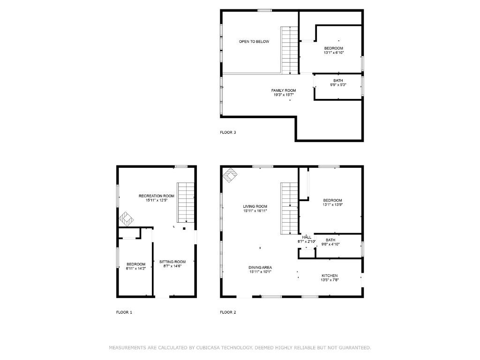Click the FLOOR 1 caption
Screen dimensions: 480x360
click(x=124, y=312)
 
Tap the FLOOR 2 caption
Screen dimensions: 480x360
click(x=228, y=312)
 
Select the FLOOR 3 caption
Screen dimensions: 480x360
click(x=228, y=132)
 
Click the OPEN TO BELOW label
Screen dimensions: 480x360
click(x=254, y=41)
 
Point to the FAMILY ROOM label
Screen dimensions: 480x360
click(x=284, y=90)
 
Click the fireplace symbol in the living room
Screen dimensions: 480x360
click(x=230, y=175)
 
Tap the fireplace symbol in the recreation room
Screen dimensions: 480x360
click(x=127, y=219)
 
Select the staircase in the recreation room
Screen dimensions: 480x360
click(x=186, y=202)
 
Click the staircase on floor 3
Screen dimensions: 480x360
click(x=290, y=50)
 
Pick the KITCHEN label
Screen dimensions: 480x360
click(x=330, y=276)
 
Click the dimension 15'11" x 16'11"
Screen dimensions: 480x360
click(x=255, y=210)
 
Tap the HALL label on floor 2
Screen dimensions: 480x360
click(x=307, y=237)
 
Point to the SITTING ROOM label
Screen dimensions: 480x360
click(x=172, y=262)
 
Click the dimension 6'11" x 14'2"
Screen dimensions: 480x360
click(x=136, y=269)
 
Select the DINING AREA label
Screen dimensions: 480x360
click(x=260, y=268)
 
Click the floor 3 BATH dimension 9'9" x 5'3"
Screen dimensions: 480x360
click(x=338, y=85)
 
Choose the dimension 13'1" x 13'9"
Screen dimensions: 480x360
click(x=332, y=204)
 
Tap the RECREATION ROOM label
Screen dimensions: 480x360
click(x=157, y=196)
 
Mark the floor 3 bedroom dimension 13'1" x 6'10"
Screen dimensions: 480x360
click(x=334, y=52)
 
